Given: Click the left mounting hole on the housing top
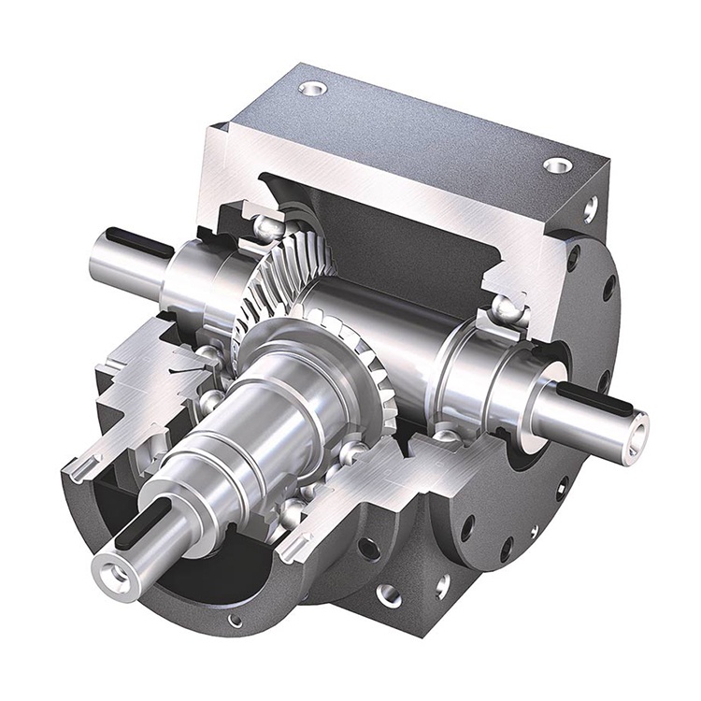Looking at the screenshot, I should (x=313, y=89).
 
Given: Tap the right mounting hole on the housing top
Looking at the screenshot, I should (x=557, y=165).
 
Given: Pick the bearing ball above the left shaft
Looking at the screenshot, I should (x=266, y=225).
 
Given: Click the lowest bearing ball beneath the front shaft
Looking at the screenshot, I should (x=292, y=511).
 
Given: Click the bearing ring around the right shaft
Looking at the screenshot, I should (x=486, y=374).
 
